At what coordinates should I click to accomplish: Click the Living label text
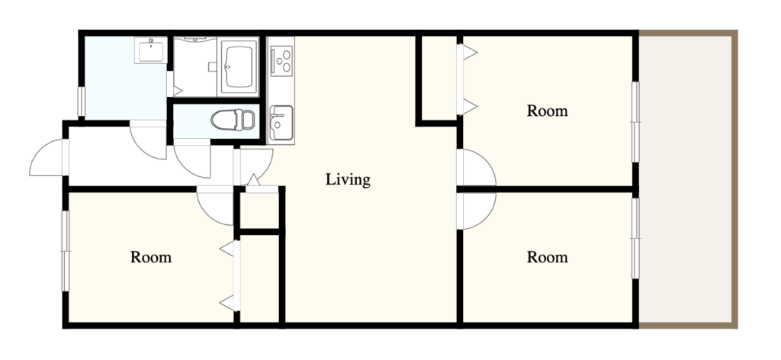348,180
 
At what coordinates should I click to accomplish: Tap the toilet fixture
233,120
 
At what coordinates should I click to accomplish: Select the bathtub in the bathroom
239,66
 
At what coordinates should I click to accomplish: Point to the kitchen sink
281,123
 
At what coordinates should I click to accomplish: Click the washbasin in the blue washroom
151,50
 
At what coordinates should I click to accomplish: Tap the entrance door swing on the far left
48,157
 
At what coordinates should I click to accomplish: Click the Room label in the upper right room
548,111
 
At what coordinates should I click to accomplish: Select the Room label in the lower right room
548,258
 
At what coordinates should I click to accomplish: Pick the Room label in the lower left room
151,258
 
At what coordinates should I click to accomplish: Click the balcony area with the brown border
686,179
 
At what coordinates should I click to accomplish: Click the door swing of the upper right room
476,167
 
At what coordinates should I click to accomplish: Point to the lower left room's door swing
215,205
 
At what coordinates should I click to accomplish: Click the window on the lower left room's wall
66,251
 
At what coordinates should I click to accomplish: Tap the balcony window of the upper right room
635,122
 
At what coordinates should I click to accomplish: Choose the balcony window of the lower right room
635,239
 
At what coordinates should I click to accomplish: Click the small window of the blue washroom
81,101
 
